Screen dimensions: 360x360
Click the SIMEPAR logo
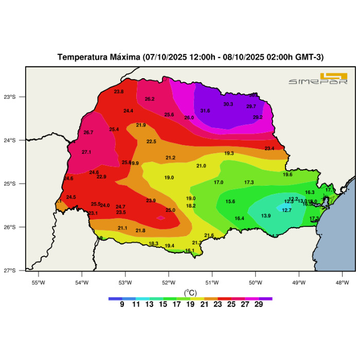coord(318,78)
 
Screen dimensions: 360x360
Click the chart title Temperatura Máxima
coord(190,57)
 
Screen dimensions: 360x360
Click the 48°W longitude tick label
coord(343,282)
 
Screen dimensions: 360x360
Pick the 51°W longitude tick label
coord(212,282)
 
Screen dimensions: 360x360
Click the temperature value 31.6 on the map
coord(205,111)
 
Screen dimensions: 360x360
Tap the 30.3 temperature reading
coord(228,104)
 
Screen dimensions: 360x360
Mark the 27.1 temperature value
coord(86,152)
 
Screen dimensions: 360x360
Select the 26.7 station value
coord(88,133)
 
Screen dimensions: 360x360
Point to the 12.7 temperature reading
coord(286,210)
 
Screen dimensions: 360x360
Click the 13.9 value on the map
coord(266,216)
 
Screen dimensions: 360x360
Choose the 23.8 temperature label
coord(119,92)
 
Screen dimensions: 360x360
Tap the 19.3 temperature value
coord(229,153)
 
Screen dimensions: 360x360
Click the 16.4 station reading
coord(239,219)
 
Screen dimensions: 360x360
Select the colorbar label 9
coord(122,304)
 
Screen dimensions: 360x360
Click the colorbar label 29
coord(259,304)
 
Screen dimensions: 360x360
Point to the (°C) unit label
coord(190,293)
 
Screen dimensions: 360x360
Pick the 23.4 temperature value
coord(269,149)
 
